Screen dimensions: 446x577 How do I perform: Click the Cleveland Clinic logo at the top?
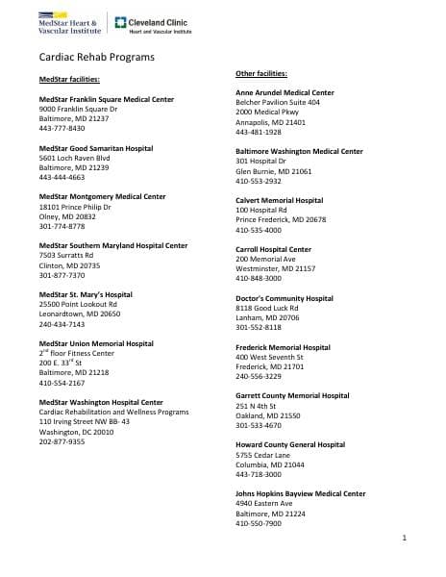[x=153, y=25]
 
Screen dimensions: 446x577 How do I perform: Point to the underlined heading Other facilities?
[x=261, y=74]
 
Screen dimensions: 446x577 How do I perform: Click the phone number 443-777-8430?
[x=62, y=129]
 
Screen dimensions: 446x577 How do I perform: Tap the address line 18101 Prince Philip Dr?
[x=74, y=207]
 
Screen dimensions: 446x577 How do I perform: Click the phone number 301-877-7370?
[x=62, y=275]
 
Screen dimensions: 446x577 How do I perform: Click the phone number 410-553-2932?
[x=259, y=181]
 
